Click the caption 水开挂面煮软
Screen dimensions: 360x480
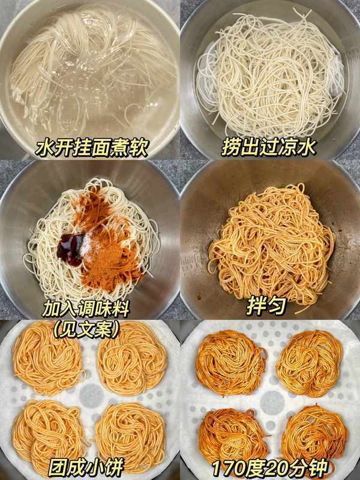pos(92,148)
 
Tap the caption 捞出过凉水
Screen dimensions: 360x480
pos(268,147)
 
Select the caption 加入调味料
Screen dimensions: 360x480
pos(86,309)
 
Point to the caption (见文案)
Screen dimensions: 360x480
pos(86,330)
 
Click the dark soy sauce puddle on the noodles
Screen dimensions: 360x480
pos(70,248)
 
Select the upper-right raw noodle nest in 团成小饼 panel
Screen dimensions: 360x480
pos(132,359)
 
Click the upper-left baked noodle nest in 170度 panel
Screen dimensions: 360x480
pos(231,363)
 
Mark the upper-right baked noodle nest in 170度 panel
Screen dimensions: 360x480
pos(310,364)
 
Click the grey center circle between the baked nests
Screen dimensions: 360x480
pos(271,401)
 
